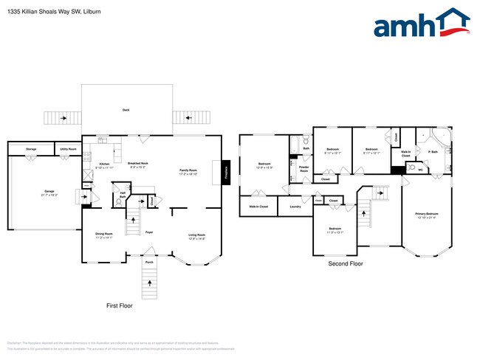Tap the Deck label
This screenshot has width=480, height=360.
coord(126,110)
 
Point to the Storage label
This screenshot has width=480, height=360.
coord(31,149)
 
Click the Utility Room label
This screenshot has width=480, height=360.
coord(68,149)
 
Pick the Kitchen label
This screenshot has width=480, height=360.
coord(104,164)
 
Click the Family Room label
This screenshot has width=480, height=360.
coord(188,170)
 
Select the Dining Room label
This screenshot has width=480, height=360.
coord(103,234)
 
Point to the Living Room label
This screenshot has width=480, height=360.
coord(196,234)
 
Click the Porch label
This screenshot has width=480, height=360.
coord(148,262)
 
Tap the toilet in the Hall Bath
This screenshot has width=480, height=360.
coord(119,201)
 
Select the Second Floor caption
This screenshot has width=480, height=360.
coord(346,263)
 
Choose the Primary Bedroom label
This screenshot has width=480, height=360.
coord(426,214)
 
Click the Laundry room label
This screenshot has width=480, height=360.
coord(295,207)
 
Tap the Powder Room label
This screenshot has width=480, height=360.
coord(304,168)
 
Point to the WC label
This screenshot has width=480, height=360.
coord(421,170)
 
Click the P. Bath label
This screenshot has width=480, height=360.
coord(433,151)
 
